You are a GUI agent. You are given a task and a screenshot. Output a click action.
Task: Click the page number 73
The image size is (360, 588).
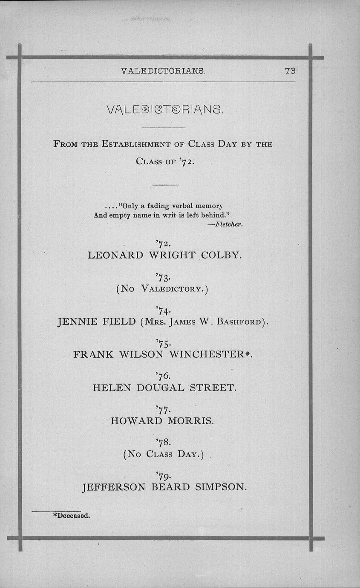tap(290, 71)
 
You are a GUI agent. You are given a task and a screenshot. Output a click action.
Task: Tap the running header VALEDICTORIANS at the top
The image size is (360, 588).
tap(163, 71)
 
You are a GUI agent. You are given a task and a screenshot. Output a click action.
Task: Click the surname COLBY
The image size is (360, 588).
tap(221, 255)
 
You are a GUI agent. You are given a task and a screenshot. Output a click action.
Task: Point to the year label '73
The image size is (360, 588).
tap(163, 278)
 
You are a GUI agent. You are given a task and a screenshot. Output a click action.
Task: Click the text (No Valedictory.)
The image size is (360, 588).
tap(162, 289)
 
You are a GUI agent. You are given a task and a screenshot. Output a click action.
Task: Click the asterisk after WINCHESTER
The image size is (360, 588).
tap(247, 354)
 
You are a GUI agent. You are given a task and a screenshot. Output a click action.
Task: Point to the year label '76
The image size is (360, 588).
tap(163, 376)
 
